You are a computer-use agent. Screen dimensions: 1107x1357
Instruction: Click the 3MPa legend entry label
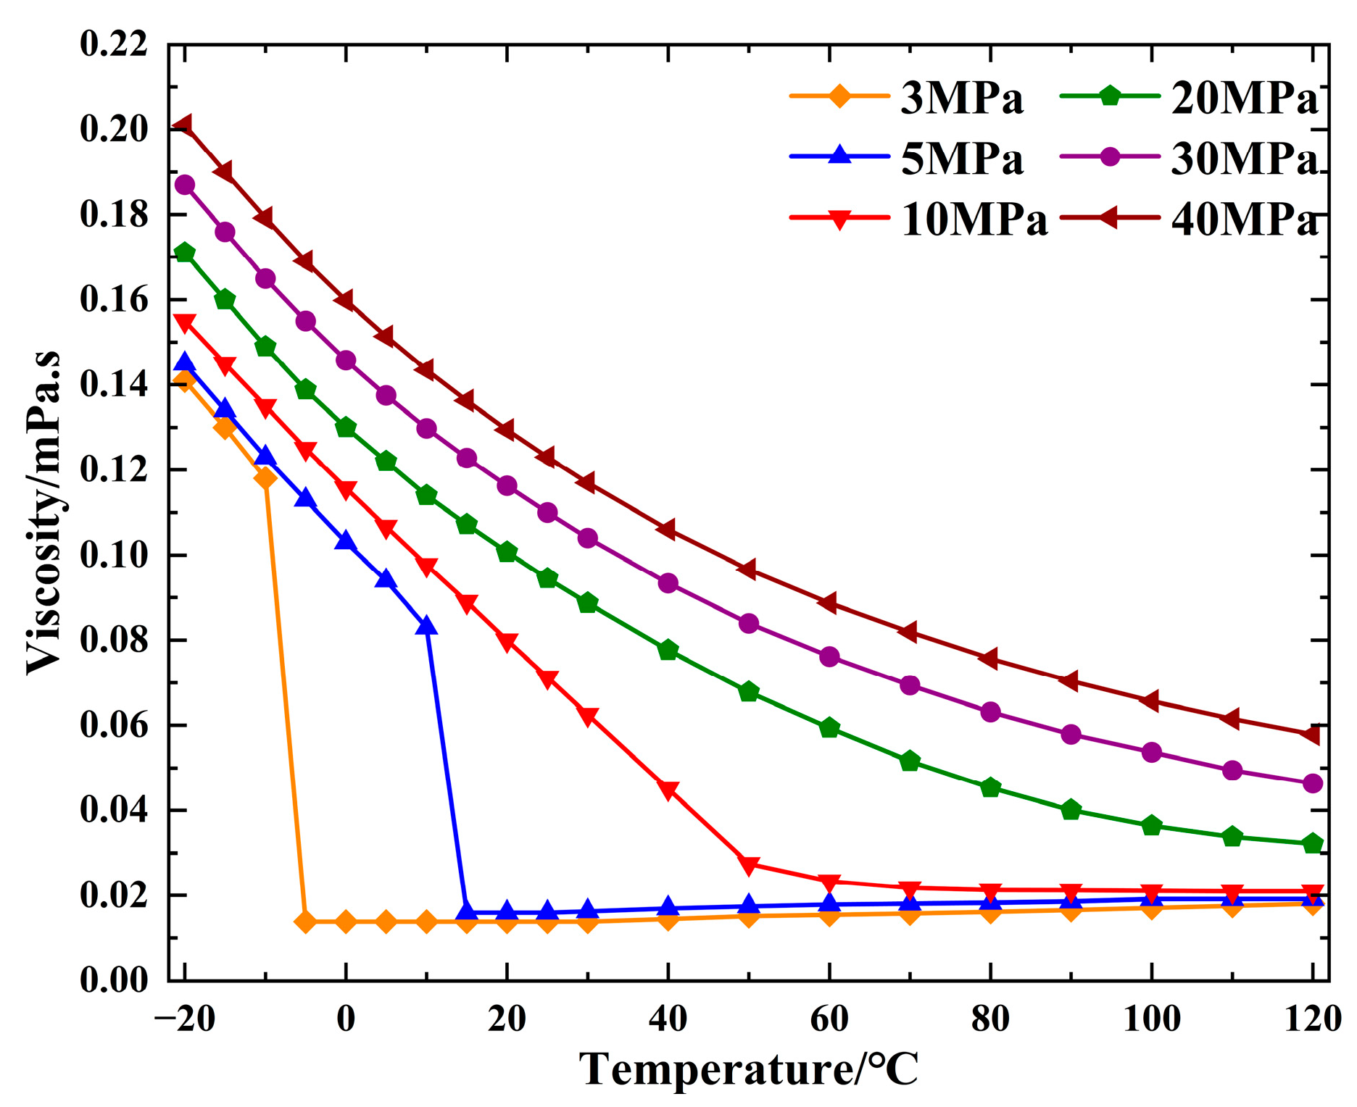point(961,97)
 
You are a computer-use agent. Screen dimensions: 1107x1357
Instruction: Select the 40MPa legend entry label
point(1244,220)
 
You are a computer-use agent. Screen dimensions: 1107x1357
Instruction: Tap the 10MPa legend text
point(974,220)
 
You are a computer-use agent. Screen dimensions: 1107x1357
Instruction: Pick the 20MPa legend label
point(1244,99)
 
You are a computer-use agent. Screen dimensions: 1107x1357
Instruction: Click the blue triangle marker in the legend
point(839,155)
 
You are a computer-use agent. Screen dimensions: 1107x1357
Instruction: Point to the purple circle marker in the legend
point(1110,156)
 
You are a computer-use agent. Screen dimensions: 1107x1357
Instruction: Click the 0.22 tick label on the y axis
point(114,45)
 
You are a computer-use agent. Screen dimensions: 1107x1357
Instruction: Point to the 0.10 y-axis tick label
point(114,556)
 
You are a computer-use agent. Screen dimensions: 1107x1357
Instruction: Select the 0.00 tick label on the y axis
point(114,981)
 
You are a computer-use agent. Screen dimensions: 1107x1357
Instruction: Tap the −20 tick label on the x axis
point(185,1019)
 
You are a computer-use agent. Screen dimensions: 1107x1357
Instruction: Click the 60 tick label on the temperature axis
point(829,1019)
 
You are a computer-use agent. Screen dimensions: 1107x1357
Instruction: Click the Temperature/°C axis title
point(749,1069)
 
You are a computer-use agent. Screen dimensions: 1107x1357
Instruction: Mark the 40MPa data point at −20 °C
point(184,125)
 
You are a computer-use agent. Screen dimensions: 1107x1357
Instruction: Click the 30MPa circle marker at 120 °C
point(1313,783)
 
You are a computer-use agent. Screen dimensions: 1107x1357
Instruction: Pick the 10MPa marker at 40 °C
point(668,790)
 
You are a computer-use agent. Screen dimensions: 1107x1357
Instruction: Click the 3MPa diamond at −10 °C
point(265,478)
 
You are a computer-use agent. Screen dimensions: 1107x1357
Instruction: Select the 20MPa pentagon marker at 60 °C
point(829,728)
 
